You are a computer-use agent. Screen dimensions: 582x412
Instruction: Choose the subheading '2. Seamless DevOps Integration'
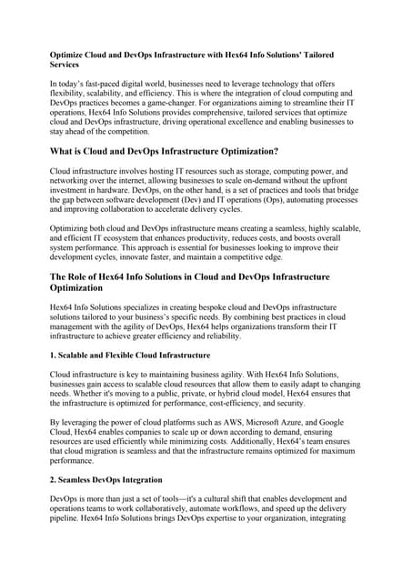point(106,479)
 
